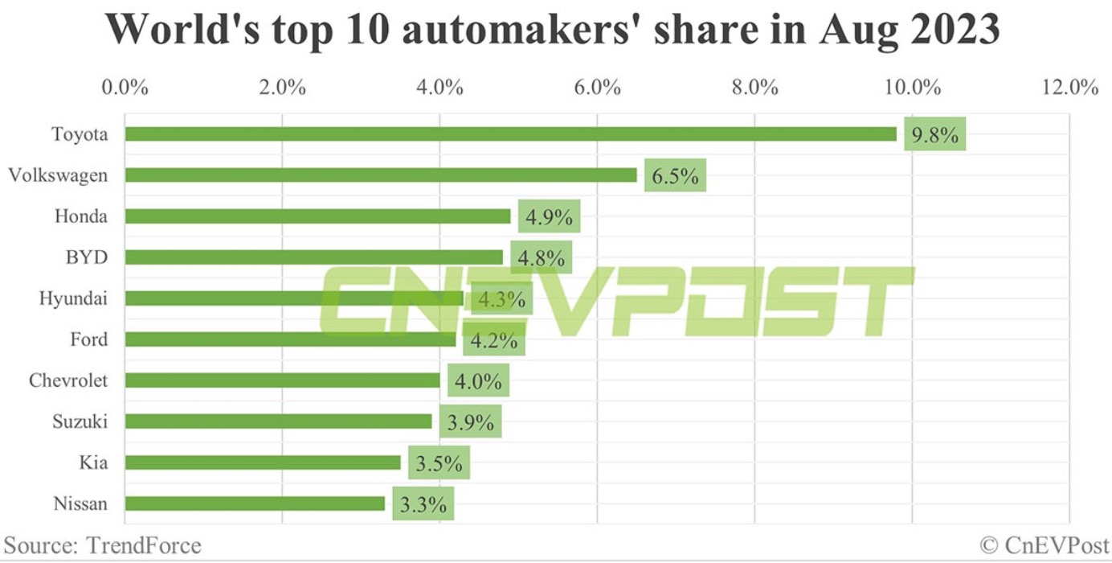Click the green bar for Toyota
510,134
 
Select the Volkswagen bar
381,175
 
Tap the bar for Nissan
255,504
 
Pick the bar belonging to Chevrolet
282,380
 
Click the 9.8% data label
934,134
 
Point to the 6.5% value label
675,175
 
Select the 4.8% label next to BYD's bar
541,257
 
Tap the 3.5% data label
439,463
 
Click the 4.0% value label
478,381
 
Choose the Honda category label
81,216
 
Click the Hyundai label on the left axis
73,298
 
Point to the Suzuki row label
80,421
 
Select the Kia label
93,463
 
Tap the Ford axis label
88,339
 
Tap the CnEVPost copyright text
1044,546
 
